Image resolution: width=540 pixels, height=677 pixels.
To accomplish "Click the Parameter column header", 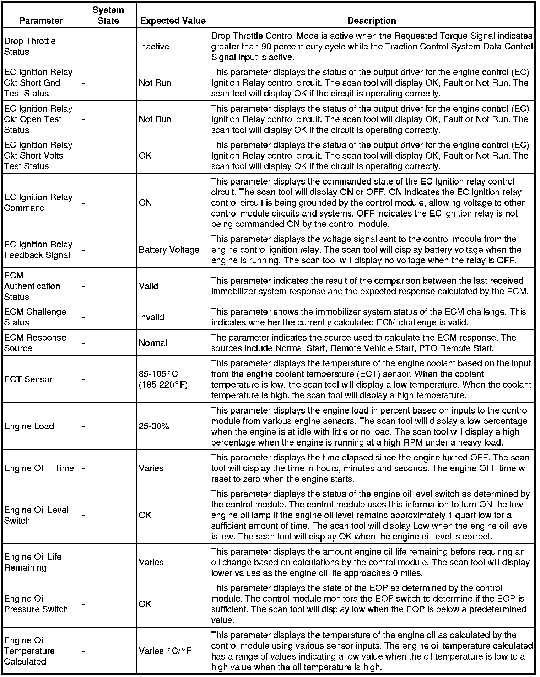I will pyautogui.click(x=41, y=21).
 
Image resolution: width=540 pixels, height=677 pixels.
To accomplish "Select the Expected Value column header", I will pyautogui.click(x=173, y=21).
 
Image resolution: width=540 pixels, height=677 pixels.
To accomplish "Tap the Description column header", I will pyautogui.click(x=372, y=21).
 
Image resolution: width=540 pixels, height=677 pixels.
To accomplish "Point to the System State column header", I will pyautogui.click(x=108, y=15).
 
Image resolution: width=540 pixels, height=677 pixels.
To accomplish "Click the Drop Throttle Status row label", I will pyautogui.click(x=30, y=46).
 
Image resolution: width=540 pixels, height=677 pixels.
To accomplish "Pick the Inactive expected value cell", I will pyautogui.click(x=154, y=47).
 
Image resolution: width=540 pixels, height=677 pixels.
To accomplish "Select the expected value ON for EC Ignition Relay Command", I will pyautogui.click(x=145, y=203).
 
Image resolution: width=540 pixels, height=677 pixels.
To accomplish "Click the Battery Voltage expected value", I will pyautogui.click(x=169, y=250).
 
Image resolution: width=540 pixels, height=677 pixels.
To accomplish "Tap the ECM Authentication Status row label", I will pyautogui.click(x=32, y=286).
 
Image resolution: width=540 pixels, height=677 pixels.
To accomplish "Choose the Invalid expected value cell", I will pyautogui.click(x=151, y=317).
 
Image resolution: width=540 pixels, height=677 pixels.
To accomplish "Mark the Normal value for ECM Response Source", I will pyautogui.click(x=153, y=343).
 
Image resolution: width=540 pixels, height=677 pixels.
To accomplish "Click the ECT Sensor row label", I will pyautogui.click(x=28, y=379).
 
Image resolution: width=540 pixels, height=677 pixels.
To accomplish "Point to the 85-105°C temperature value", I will pyautogui.click(x=158, y=374).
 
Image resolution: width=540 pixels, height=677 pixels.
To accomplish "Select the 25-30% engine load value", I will pyautogui.click(x=154, y=426).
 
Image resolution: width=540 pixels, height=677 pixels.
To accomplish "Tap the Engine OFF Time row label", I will pyautogui.click(x=39, y=468).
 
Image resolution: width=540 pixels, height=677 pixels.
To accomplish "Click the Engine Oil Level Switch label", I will pyautogui.click(x=36, y=515).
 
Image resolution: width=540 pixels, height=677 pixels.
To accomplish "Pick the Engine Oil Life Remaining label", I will pyautogui.click(x=33, y=562).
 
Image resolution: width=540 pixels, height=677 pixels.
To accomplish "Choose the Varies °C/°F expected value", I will pyautogui.click(x=165, y=651).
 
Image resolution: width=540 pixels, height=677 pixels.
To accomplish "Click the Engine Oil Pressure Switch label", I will pyautogui.click(x=36, y=604).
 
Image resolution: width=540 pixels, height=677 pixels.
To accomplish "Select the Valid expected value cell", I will pyautogui.click(x=148, y=286).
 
